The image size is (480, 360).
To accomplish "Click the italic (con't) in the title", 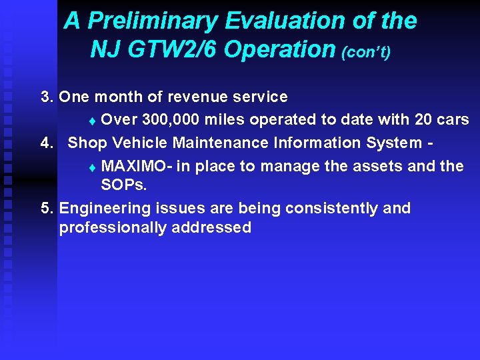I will [x=365, y=52].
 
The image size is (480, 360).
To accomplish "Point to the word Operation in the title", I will [x=280, y=49].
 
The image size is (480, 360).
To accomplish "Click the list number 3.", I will [x=47, y=97].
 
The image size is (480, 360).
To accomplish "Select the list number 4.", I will [x=47, y=143].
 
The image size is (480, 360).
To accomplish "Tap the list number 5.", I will [x=47, y=209].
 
